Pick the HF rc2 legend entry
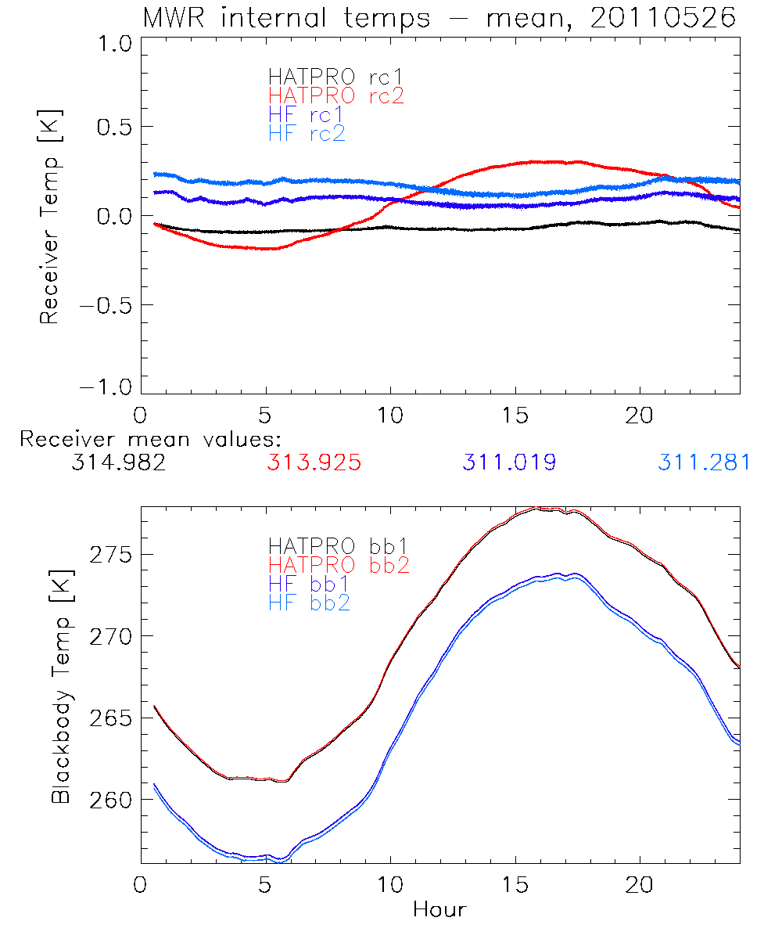[307, 133]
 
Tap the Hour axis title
[439, 910]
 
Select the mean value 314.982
[117, 463]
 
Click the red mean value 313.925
[314, 463]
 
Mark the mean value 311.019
[509, 463]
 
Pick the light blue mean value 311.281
[704, 463]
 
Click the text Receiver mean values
[150, 439]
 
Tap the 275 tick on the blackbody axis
[109, 555]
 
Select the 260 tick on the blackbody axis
[109, 800]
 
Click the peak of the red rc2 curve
[540, 161]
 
